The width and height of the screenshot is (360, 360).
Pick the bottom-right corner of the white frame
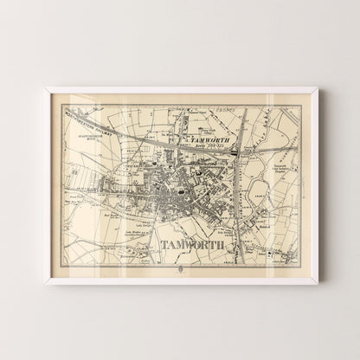[318, 283]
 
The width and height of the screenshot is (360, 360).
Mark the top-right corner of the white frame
[318, 87]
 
